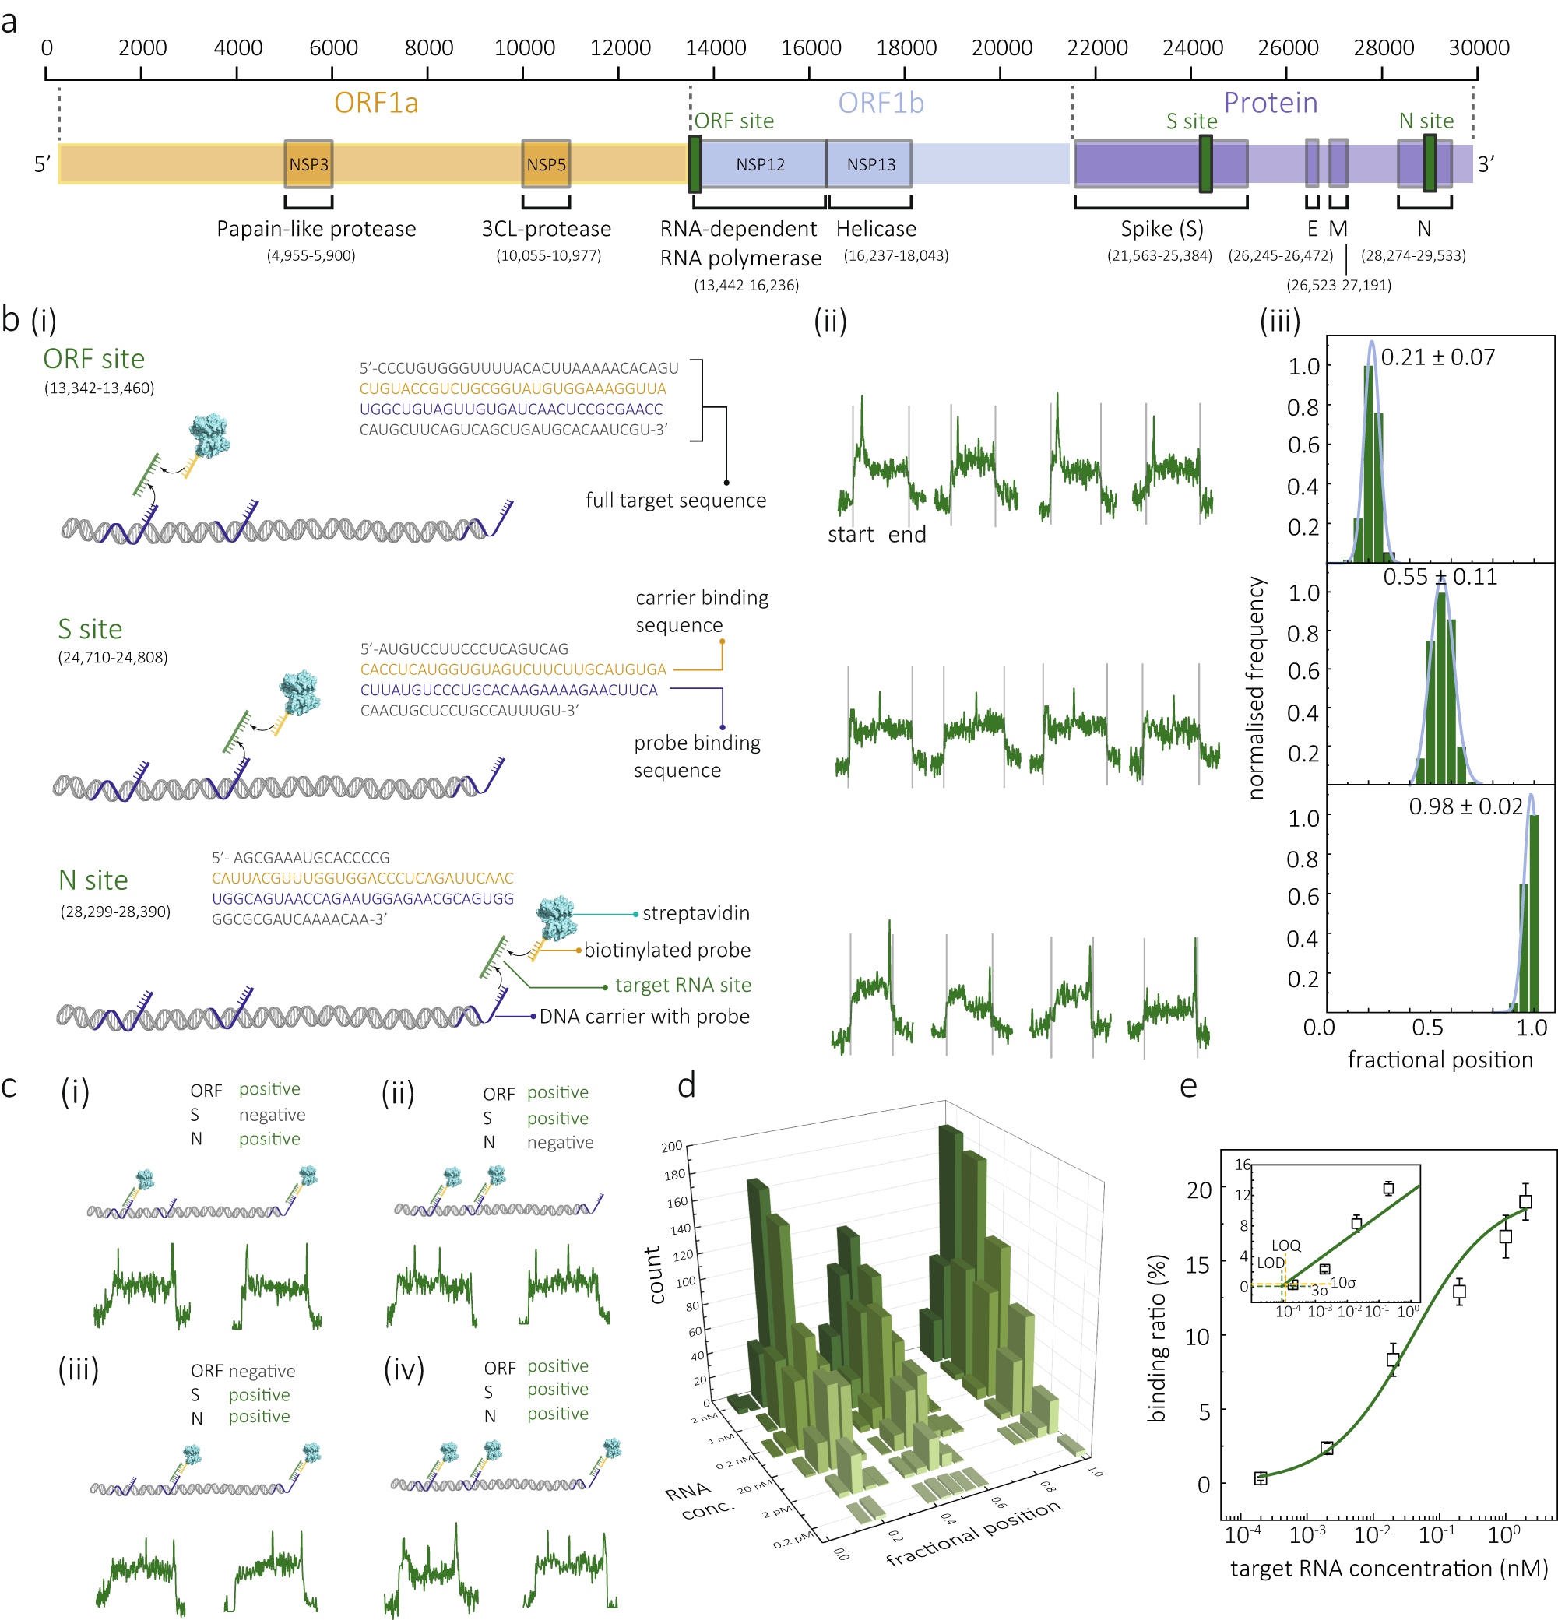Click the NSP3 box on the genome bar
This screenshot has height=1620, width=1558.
pyautogui.click(x=308, y=164)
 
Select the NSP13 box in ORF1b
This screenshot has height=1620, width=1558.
pyautogui.click(x=870, y=164)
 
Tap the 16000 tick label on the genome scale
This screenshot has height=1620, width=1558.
pyautogui.click(x=810, y=48)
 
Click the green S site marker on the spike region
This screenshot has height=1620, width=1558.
pyautogui.click(x=1205, y=163)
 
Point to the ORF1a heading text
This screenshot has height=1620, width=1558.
pyautogui.click(x=376, y=104)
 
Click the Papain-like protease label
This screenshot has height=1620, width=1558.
pyautogui.click(x=316, y=229)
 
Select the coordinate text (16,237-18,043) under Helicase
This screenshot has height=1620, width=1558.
pyautogui.click(x=895, y=256)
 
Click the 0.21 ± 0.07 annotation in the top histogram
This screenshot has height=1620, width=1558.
pyautogui.click(x=1437, y=358)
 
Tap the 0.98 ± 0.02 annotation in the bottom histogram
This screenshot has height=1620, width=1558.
pyautogui.click(x=1465, y=806)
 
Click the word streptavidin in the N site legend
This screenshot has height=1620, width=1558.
pyautogui.click(x=695, y=913)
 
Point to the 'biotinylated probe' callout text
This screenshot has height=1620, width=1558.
pyautogui.click(x=666, y=951)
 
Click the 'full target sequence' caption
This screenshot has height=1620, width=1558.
pyautogui.click(x=675, y=501)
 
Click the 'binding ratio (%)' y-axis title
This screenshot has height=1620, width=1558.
pyautogui.click(x=1157, y=1338)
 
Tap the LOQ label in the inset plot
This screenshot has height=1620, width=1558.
pyautogui.click(x=1285, y=1246)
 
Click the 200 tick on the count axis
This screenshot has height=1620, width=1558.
pyautogui.click(x=671, y=1147)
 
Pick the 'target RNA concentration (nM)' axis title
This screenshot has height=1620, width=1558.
pyautogui.click(x=1388, y=1569)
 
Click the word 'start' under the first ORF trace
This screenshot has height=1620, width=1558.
pyautogui.click(x=850, y=535)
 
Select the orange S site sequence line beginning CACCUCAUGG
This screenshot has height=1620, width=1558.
pyautogui.click(x=512, y=669)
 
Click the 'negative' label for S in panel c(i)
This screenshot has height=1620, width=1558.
pyautogui.click(x=272, y=1115)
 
